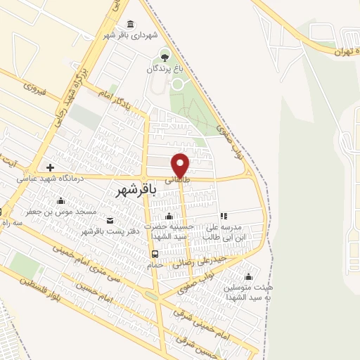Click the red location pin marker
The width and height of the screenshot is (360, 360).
[x=181, y=165]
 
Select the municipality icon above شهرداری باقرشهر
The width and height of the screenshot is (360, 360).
[x=130, y=25]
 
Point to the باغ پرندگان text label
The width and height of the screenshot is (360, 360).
[x=165, y=69]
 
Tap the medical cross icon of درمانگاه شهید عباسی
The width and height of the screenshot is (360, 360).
[x=49, y=168]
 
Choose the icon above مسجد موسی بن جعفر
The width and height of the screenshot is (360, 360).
[x=61, y=201]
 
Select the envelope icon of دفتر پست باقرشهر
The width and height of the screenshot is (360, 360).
[x=110, y=221]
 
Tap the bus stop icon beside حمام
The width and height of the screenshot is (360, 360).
[x=154, y=254]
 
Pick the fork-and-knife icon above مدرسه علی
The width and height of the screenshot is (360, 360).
[x=224, y=217]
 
